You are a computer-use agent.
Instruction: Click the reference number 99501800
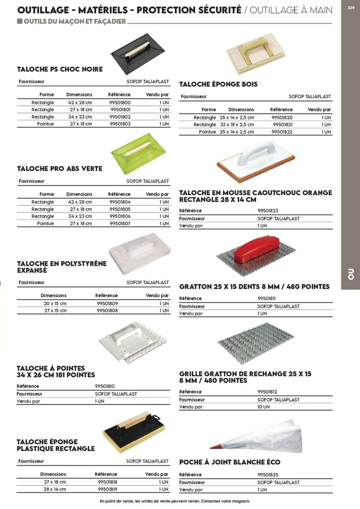coord(120,103)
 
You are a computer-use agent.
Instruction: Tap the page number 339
coord(351,8)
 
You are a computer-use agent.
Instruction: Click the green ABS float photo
coord(139,153)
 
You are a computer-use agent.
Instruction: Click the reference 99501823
coord(268,211)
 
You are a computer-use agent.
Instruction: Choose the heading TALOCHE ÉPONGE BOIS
coord(218,84)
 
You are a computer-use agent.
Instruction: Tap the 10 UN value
coord(263,407)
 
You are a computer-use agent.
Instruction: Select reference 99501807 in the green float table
coord(120,223)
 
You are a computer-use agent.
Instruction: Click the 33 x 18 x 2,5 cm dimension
coord(237,125)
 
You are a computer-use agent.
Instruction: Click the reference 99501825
coord(268,475)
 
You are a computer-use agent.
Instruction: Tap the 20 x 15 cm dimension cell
coord(55,303)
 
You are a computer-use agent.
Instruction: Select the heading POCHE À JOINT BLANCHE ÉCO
coord(230,462)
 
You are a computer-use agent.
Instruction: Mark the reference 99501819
coord(107,489)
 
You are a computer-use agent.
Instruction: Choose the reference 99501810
coord(105,386)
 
